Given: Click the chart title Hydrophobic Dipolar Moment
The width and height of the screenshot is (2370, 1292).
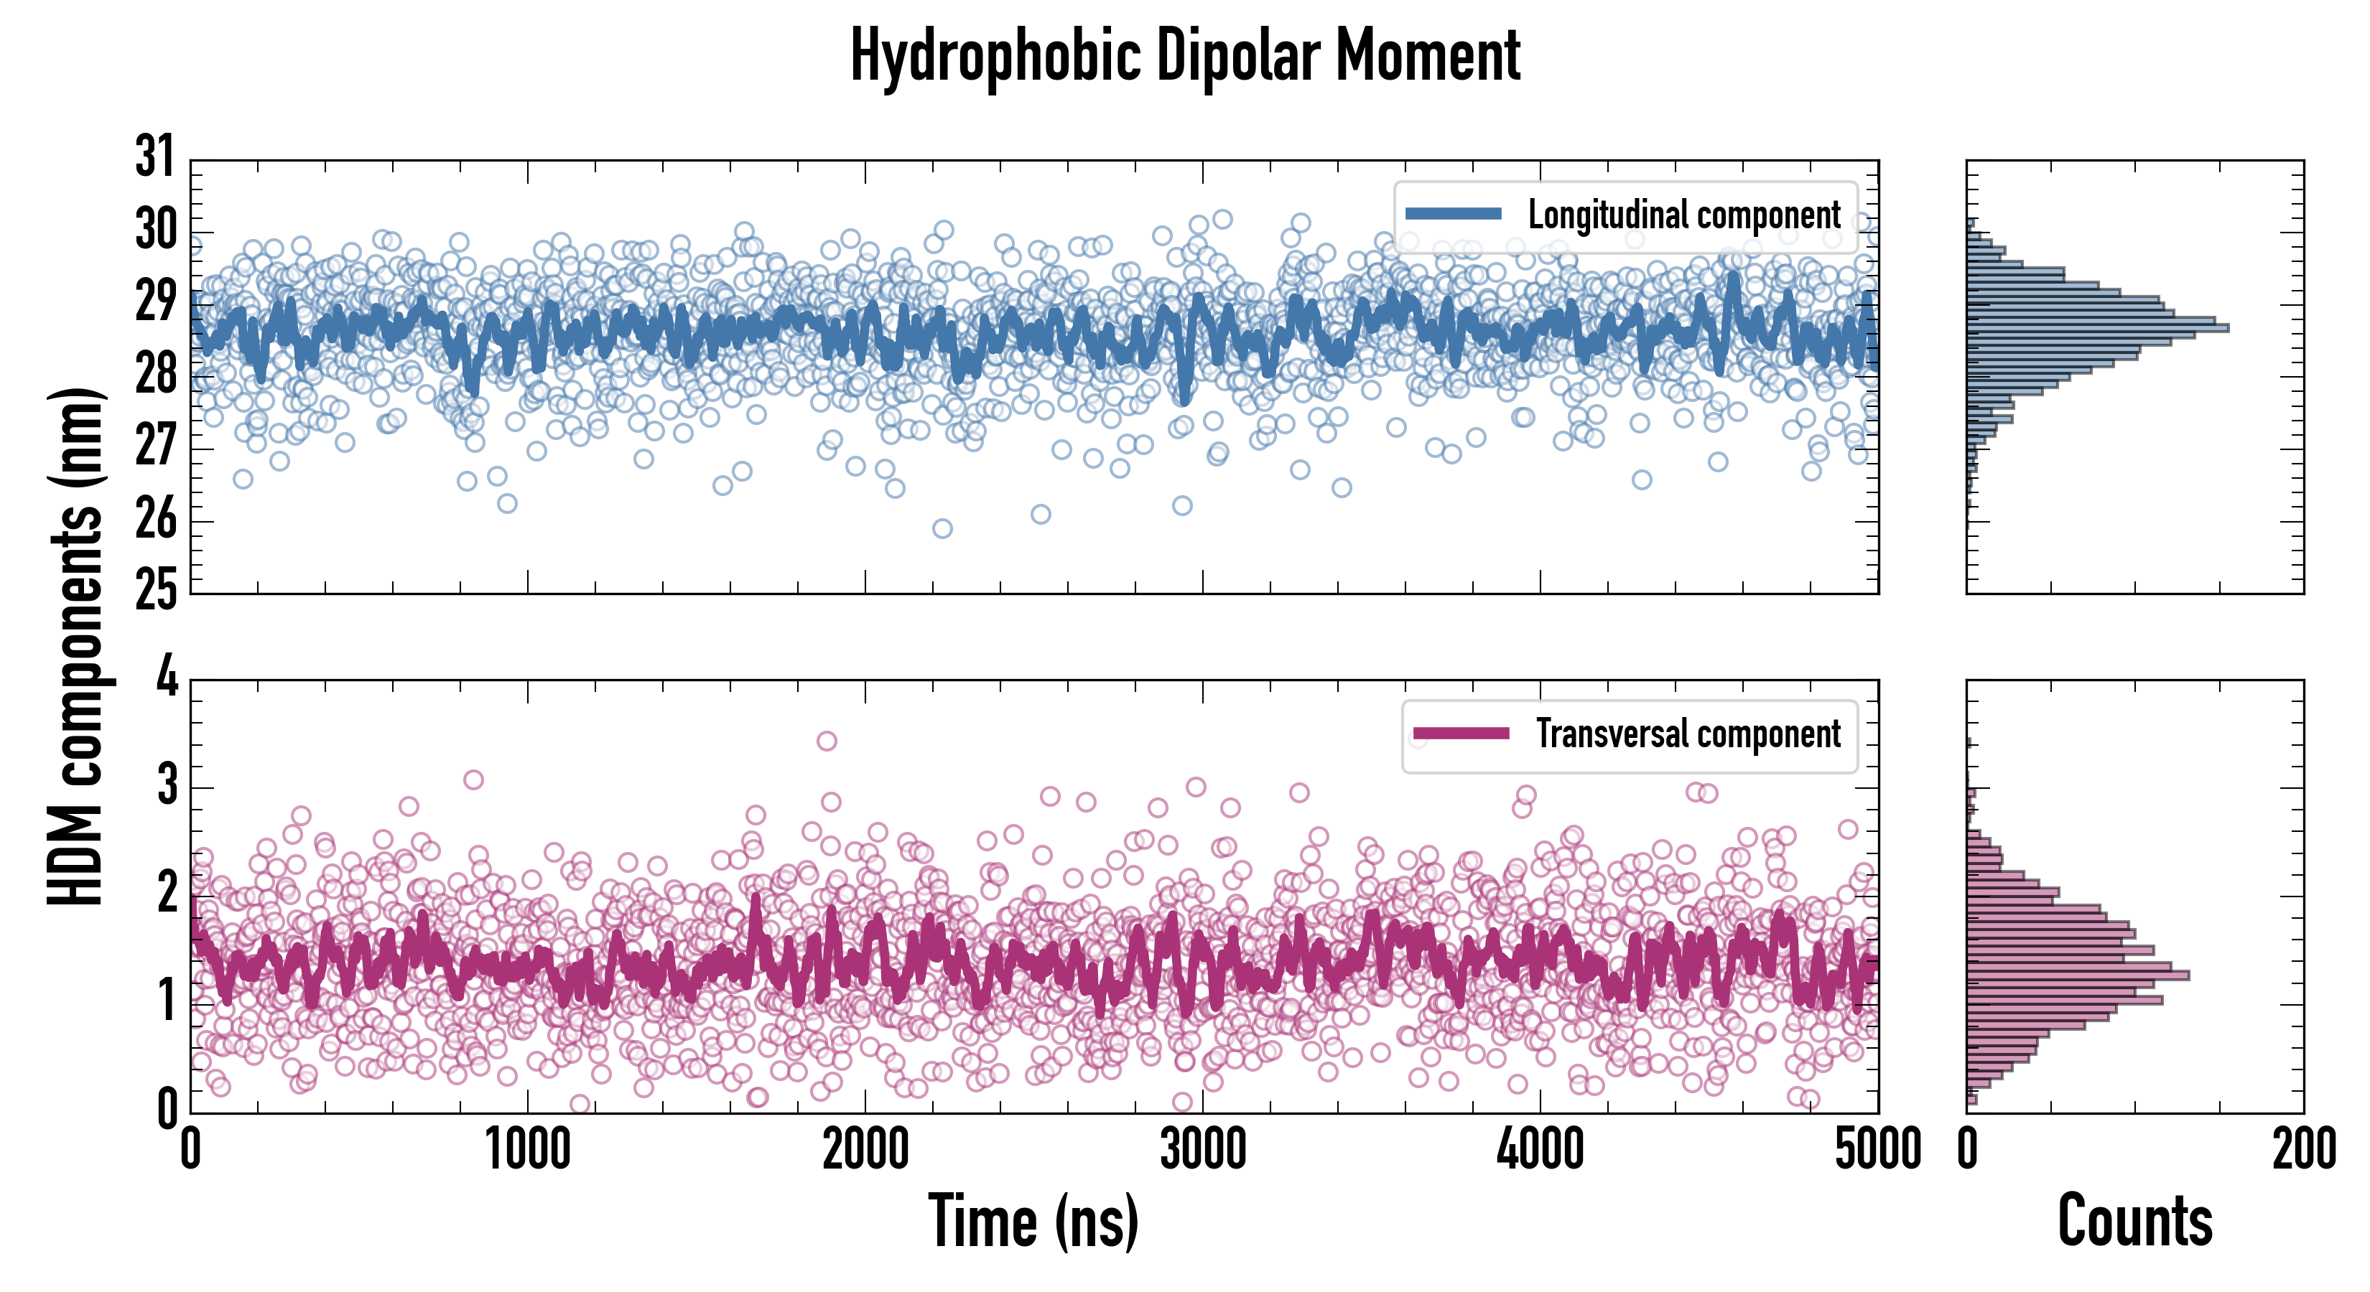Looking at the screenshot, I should pos(1185,55).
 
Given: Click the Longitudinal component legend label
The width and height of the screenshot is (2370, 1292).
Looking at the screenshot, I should pos(1683,215).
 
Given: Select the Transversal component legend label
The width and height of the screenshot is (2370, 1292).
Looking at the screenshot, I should pos(1688,734).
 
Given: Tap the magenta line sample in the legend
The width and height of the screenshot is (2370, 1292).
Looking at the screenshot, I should pos(1461,733).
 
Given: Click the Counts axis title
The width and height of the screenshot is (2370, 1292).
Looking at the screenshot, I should pos(2134,1220).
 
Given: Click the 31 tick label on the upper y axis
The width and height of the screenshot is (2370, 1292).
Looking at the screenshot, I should pos(154,156).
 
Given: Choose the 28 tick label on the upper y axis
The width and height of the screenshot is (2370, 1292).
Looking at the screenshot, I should pos(154,373).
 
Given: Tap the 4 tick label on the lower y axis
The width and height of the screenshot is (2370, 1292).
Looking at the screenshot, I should pos(167,678).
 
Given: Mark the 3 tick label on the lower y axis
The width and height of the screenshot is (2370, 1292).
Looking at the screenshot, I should pos(167,786).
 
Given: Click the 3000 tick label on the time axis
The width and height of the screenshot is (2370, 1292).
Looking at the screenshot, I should pos(1202,1149).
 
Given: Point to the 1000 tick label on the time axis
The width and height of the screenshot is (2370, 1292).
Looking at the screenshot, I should pos(528,1149).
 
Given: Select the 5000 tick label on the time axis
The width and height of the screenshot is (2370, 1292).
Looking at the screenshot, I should pos(1877,1149).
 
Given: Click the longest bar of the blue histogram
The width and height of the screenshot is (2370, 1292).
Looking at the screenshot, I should pos(2098,328).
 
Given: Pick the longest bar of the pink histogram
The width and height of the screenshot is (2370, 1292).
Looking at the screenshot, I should pos(2078,975).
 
